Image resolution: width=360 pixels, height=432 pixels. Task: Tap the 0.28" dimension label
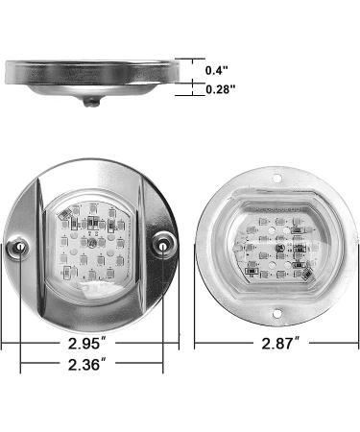point(222,89)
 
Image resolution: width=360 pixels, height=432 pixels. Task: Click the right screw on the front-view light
point(165,248)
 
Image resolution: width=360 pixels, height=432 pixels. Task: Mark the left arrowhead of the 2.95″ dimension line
point(5,343)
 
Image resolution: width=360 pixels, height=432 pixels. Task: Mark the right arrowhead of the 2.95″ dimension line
point(179,343)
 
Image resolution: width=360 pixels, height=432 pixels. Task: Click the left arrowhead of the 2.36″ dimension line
point(21,365)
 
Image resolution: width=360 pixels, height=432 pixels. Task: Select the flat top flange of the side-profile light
point(93,70)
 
